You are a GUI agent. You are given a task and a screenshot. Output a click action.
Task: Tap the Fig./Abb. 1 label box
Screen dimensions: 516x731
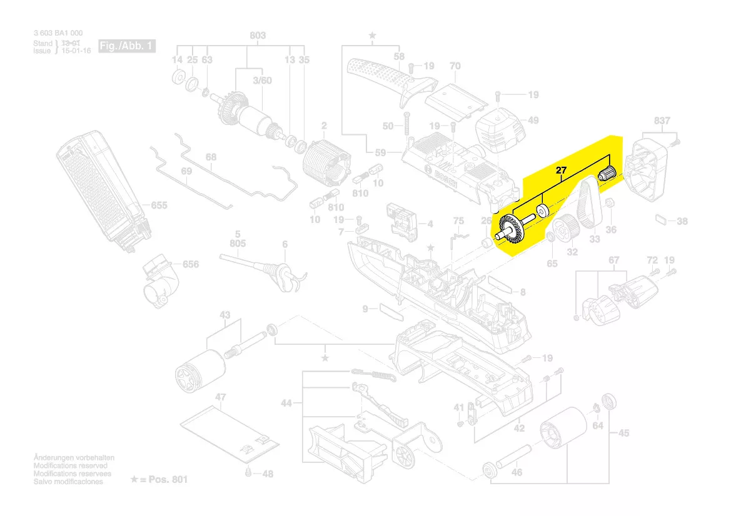[127, 46]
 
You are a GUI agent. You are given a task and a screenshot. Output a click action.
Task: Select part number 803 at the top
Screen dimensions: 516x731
[258, 36]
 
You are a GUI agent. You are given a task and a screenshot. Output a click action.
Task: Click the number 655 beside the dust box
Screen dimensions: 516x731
[159, 206]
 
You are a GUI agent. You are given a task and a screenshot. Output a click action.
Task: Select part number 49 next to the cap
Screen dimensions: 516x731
[533, 120]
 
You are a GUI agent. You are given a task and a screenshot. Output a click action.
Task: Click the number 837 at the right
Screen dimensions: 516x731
[662, 121]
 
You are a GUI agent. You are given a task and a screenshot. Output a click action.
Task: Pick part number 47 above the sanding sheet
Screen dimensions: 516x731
[221, 397]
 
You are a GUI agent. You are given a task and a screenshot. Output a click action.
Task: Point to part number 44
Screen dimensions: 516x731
[286, 404]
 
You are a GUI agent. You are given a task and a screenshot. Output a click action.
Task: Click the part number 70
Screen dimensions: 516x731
[455, 66]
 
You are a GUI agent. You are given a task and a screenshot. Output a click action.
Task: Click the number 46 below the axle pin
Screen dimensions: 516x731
[517, 472]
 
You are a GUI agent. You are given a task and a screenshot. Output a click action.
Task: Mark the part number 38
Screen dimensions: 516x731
[682, 221]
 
